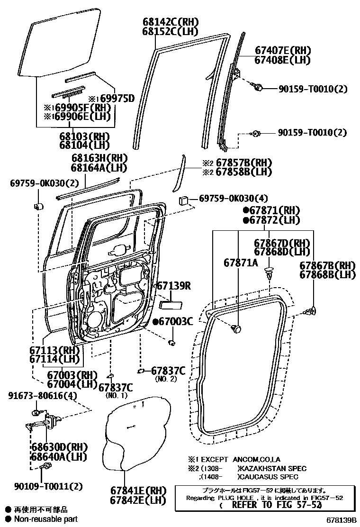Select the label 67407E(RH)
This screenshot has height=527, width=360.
click(x=282, y=51)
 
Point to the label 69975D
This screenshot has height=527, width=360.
click(x=116, y=99)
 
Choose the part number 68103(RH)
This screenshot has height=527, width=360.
click(x=84, y=136)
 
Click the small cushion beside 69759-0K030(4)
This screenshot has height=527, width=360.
click(x=184, y=200)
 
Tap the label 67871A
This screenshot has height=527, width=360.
click(x=241, y=262)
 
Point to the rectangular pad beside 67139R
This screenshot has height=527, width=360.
click(x=168, y=303)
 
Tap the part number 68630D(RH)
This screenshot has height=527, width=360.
click(x=55, y=447)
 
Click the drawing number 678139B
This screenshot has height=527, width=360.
click(x=340, y=520)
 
